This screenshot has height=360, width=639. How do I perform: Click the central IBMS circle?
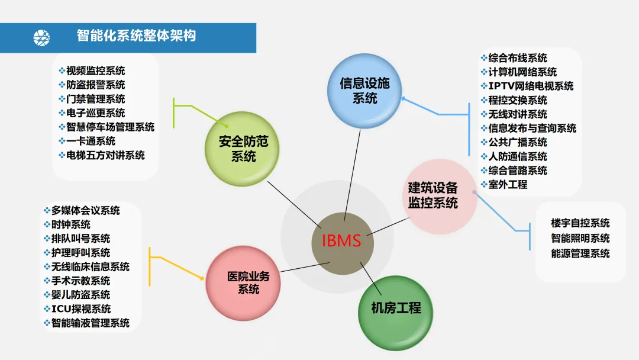click(x=342, y=242)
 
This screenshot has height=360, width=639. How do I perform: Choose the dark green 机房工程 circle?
click(x=396, y=308)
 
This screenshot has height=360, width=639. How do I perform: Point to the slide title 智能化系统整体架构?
click(x=136, y=36)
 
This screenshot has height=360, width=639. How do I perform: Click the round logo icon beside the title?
click(x=41, y=37)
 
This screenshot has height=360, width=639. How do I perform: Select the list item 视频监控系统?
click(x=95, y=71)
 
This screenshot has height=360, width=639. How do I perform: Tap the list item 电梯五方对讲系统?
click(x=105, y=155)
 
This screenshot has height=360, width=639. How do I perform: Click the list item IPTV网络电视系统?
click(x=531, y=86)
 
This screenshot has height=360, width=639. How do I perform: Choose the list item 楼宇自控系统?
click(x=580, y=223)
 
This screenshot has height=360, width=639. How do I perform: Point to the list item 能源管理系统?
click(x=580, y=253)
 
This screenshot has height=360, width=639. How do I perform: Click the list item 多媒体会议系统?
click(x=85, y=210)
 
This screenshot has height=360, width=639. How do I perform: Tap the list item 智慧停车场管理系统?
click(x=110, y=127)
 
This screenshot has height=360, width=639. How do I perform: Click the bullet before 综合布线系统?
click(x=483, y=58)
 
